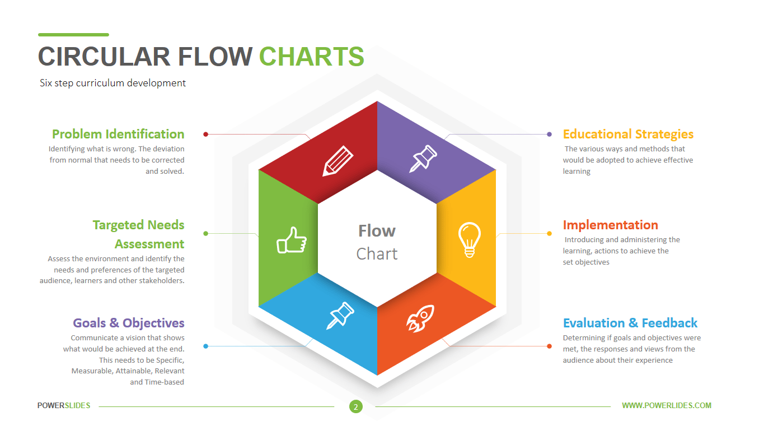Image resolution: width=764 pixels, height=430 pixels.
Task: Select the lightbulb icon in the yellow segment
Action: coord(470,240)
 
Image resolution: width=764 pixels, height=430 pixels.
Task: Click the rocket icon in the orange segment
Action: coord(420,318)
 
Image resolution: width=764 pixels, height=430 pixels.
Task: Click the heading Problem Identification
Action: coord(118,134)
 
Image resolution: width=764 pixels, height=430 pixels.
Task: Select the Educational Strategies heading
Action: coord(628,134)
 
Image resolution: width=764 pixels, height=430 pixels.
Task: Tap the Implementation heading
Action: coord(610,225)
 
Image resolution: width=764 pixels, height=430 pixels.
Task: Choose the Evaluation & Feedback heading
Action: coord(630,323)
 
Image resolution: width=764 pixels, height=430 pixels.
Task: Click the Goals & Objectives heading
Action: coord(129,323)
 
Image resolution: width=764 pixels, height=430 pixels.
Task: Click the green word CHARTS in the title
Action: coord(312,57)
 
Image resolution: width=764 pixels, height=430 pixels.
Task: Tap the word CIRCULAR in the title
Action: coord(104,57)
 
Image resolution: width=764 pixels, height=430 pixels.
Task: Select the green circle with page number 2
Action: coord(355,406)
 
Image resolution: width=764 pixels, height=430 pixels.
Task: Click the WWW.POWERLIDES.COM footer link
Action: coord(667,405)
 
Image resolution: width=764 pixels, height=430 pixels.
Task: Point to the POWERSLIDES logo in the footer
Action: coord(64,405)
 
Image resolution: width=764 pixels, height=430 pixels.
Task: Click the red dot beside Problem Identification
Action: coord(206,134)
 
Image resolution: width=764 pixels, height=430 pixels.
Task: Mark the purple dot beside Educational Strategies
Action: coord(549,134)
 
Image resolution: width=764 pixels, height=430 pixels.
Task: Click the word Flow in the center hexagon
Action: coord(377,231)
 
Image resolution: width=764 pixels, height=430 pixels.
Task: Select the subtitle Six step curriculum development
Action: coord(113,83)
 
